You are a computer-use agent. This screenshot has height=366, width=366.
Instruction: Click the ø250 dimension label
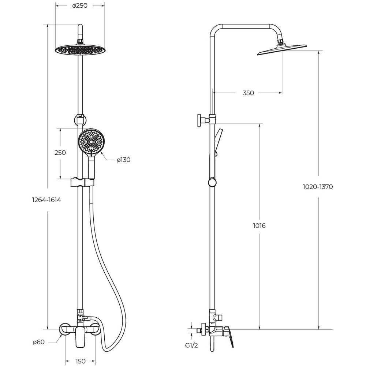80,5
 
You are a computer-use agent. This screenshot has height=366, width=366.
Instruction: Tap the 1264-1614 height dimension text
47,200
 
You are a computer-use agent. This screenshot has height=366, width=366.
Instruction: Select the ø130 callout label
124,160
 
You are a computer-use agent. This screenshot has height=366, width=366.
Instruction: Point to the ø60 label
38,342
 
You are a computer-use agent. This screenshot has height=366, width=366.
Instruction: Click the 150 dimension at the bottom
81,361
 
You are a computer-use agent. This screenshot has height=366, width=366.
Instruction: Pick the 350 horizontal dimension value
248,93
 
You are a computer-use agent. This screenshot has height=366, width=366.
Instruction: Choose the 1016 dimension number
259,225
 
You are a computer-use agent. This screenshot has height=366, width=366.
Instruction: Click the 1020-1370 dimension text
318,187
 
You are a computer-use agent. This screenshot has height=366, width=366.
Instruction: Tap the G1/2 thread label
191,346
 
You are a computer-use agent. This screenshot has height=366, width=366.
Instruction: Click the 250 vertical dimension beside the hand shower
60,153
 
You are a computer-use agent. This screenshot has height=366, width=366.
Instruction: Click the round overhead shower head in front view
80,50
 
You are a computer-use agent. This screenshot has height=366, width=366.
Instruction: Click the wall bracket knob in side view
200,120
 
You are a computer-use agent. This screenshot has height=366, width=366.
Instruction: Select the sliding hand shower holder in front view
82,183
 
